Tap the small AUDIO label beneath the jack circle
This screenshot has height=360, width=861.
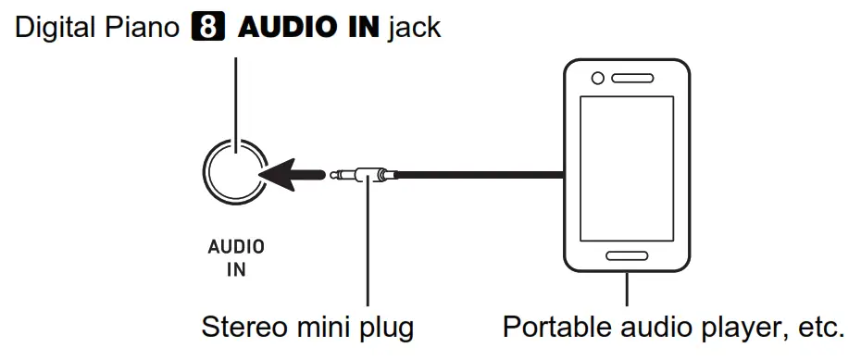click(x=235, y=247)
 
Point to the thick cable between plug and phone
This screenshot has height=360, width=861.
click(x=481, y=174)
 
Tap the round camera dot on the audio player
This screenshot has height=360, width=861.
click(x=599, y=80)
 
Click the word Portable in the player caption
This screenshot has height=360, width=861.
click(x=552, y=329)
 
